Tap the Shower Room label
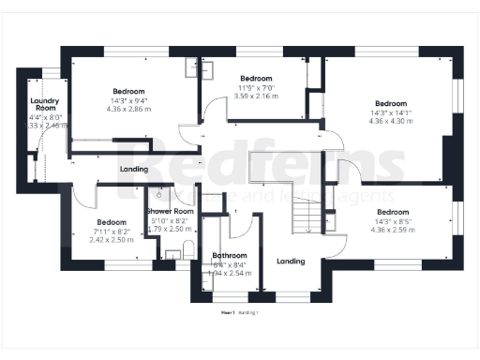pyautogui.click(x=170, y=212)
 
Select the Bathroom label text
pyautogui.click(x=229, y=255)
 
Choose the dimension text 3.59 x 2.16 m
pyautogui.click(x=256, y=96)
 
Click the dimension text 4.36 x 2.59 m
pyautogui.click(x=392, y=230)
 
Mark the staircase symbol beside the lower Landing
pyautogui.click(x=303, y=221)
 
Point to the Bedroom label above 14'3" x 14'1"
pyautogui.click(x=391, y=103)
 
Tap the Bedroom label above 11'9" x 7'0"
pyautogui.click(x=256, y=78)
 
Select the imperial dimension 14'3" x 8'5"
pyautogui.click(x=392, y=221)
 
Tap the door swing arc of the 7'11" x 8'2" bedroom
pyautogui.click(x=84, y=193)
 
